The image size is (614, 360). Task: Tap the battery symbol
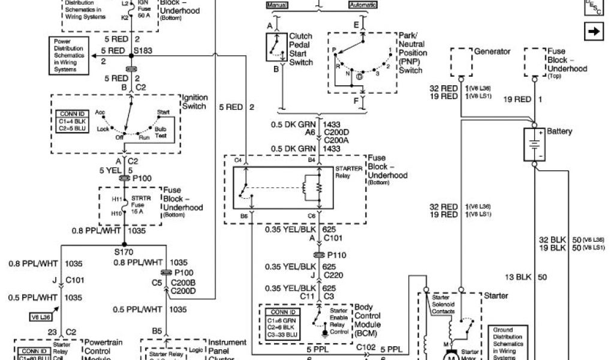[x=532, y=145]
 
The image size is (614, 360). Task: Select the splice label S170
[x=124, y=253]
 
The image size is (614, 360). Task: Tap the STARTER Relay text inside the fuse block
[x=348, y=172]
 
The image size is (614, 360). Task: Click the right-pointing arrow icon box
[x=593, y=32]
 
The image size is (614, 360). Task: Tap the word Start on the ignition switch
[x=163, y=112]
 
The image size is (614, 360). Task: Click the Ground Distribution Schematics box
[x=511, y=342]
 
